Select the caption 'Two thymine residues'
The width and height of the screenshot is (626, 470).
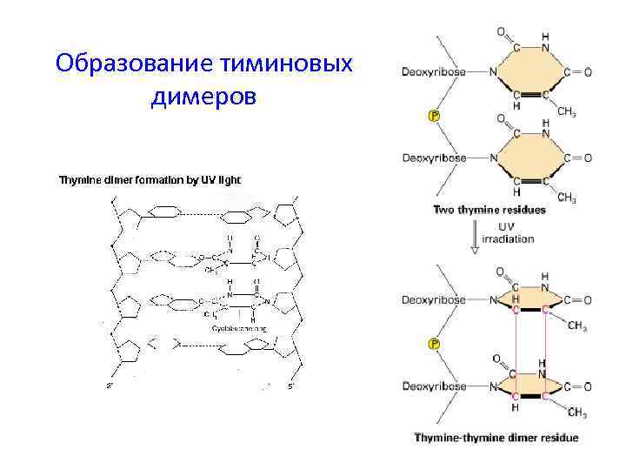(x=489, y=210)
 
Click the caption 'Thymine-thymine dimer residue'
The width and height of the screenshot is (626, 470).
(x=496, y=437)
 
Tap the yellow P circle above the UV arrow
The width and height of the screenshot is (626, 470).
(x=434, y=115)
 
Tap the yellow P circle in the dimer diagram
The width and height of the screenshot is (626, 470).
(x=434, y=345)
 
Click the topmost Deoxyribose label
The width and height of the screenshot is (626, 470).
(x=433, y=71)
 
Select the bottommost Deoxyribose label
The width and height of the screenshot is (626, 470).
(x=433, y=386)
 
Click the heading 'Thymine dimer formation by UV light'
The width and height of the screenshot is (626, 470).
(x=149, y=180)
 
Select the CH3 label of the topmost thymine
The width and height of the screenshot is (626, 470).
(x=566, y=111)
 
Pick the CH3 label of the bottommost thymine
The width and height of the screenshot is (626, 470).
(x=577, y=413)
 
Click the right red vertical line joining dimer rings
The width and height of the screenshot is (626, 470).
(x=544, y=344)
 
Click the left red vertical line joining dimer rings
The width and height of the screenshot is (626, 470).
(x=515, y=344)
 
